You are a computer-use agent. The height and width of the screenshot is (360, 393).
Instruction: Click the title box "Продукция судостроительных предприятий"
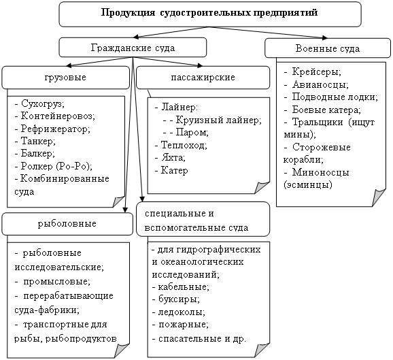point(210,14)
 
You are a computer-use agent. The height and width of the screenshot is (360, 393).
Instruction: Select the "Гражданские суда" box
point(133,48)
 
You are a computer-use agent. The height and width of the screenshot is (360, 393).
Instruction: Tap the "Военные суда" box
point(328,48)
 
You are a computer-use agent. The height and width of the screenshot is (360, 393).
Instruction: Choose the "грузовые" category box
point(66,78)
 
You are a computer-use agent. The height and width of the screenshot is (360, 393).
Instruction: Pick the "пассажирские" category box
point(203,78)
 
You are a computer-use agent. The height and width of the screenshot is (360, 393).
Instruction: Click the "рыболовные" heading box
point(67,224)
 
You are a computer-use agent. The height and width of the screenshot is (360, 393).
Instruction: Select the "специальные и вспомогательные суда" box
point(203,219)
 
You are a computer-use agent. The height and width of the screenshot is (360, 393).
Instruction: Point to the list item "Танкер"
point(37,141)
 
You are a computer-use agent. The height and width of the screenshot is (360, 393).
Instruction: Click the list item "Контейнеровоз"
point(57,116)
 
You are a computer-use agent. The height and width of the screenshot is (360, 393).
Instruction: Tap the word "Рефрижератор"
point(54,129)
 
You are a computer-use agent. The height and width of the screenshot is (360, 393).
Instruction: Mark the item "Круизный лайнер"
point(218,120)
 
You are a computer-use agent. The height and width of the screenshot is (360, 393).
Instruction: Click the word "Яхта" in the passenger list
point(173,158)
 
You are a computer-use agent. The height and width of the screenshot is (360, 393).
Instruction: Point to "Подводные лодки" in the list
point(334,97)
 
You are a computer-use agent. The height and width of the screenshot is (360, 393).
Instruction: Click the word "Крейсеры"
point(315,72)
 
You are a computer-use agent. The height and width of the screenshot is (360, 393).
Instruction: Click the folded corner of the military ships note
point(379,197)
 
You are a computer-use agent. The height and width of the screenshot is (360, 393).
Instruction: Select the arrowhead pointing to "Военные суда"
point(325,38)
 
